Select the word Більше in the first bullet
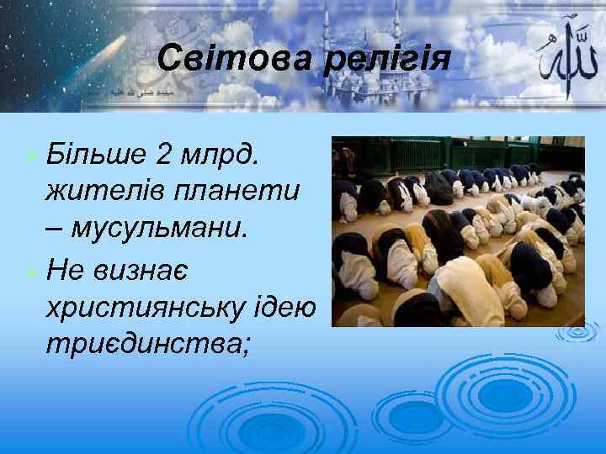coord(95,154)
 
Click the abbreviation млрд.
coord(225,154)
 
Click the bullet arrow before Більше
coord(30,155)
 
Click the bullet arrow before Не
coord(30,272)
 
